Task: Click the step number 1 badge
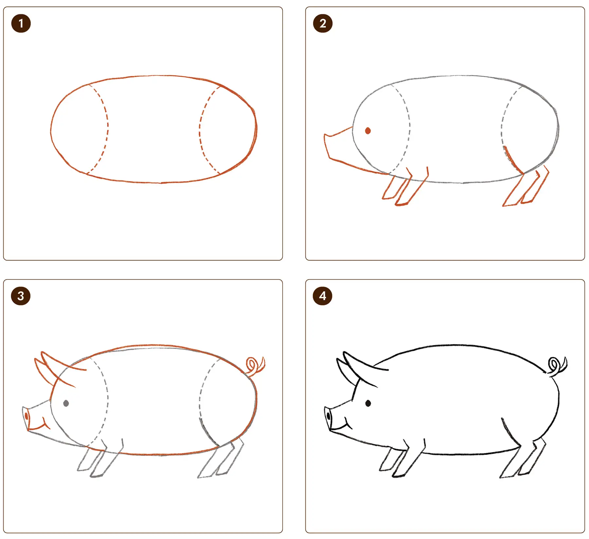(x=21, y=24)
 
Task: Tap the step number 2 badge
(x=323, y=24)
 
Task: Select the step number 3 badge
(x=21, y=296)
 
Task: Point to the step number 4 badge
(x=323, y=296)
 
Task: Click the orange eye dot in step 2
(x=368, y=131)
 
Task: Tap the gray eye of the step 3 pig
(x=66, y=403)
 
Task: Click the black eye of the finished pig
(x=368, y=403)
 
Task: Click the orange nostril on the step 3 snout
(x=27, y=416)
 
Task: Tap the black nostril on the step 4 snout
(x=329, y=416)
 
